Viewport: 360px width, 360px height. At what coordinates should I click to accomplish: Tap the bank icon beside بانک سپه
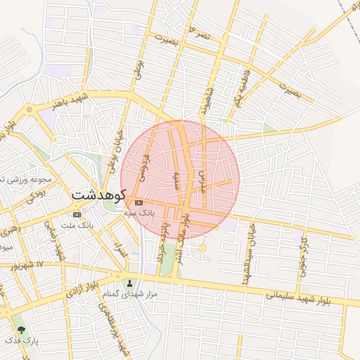(x=138, y=202)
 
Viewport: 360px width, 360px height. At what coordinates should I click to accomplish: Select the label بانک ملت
(x=77, y=225)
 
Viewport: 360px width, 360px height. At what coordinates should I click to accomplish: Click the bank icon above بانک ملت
(x=77, y=214)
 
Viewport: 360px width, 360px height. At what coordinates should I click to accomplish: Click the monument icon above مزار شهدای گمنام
(x=129, y=283)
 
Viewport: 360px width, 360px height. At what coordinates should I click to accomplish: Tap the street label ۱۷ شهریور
(x=28, y=265)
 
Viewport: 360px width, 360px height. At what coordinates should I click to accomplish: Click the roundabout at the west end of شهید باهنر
(x=30, y=110)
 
